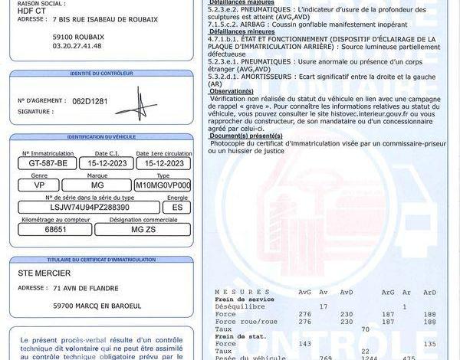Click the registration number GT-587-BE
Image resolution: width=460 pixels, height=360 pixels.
[x=47, y=163]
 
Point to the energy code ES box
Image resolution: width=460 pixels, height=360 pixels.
[x=177, y=207]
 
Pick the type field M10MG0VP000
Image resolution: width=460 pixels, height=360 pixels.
[x=163, y=185]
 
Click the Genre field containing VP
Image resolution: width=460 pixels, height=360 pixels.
[x=39, y=185]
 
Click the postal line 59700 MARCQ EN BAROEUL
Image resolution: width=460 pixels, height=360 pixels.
[x=97, y=305]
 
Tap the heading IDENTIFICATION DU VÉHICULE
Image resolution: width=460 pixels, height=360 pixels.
[x=102, y=136]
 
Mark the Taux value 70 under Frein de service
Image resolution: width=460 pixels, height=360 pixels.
[x=365, y=329]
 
